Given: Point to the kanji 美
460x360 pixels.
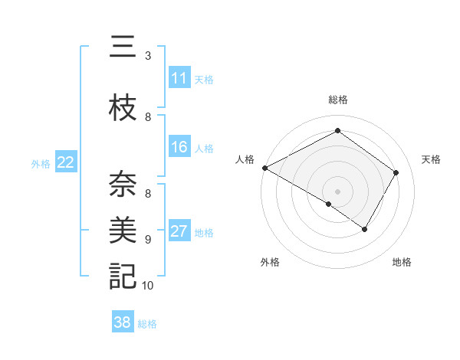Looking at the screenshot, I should [x=123, y=230].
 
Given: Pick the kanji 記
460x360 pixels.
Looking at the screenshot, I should [x=123, y=276].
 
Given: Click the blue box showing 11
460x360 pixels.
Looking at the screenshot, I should [x=179, y=78].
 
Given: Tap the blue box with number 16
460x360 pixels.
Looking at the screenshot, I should [x=179, y=147].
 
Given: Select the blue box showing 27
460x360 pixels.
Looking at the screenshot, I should [x=179, y=231].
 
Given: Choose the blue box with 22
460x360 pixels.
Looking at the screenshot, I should [x=65, y=162].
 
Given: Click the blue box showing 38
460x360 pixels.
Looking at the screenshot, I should [x=123, y=322].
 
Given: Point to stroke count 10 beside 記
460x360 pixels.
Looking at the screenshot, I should [x=148, y=286].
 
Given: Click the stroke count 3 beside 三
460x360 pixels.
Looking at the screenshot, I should [x=148, y=56].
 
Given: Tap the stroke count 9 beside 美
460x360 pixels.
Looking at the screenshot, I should [x=148, y=239].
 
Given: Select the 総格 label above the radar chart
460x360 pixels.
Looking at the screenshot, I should [x=337, y=100].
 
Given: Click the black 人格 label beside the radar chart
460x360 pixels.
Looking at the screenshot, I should [x=245, y=159].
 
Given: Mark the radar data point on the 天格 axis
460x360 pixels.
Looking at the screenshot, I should [x=396, y=172].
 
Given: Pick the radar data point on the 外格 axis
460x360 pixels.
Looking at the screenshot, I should [x=328, y=205].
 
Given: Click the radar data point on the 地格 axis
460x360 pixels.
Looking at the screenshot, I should [x=365, y=229].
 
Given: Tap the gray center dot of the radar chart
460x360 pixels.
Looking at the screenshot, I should [x=337, y=191].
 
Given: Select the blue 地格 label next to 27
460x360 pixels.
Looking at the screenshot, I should [x=204, y=232].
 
